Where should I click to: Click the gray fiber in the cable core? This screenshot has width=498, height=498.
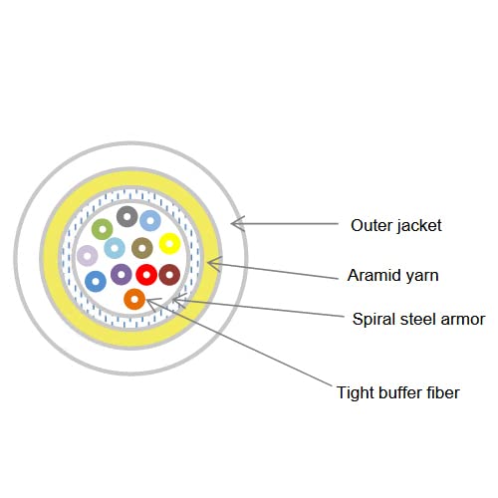point(127,216)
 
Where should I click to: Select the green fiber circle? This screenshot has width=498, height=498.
point(103,229)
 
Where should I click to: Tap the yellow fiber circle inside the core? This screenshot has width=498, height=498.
point(169,244)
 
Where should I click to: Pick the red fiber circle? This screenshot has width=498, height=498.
point(146,275)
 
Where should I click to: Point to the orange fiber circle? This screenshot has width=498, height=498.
point(134,299)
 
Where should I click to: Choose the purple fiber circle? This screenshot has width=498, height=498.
point(122,274)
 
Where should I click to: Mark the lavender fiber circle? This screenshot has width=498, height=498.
point(88,256)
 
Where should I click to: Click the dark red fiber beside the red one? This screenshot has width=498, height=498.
point(169,275)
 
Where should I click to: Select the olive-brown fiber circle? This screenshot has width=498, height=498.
point(142,248)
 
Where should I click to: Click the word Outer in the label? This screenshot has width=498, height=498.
point(372,225)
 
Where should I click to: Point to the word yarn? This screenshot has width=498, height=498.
point(423,277)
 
